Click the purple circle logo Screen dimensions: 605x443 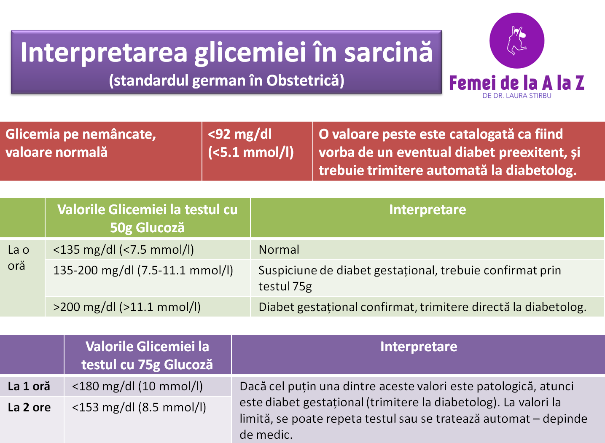[517, 40]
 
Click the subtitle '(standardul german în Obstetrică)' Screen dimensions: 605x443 [226, 81]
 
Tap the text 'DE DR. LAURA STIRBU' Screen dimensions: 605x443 [517, 96]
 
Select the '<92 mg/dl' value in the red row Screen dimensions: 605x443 [239, 134]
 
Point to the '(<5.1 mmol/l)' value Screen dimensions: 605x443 [250, 152]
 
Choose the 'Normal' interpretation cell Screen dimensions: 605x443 [279, 250]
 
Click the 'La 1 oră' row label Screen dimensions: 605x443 [29, 387]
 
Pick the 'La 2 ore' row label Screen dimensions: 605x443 [29, 407]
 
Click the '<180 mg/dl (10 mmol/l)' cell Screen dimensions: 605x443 [137, 387]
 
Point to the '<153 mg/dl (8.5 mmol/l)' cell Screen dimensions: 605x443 [139, 407]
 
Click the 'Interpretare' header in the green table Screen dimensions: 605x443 [428, 209]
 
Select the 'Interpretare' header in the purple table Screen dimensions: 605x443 [419, 346]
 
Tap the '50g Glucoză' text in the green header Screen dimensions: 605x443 [147, 228]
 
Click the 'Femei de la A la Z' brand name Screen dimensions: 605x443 [517, 83]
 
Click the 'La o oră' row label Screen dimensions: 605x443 [19, 258]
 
